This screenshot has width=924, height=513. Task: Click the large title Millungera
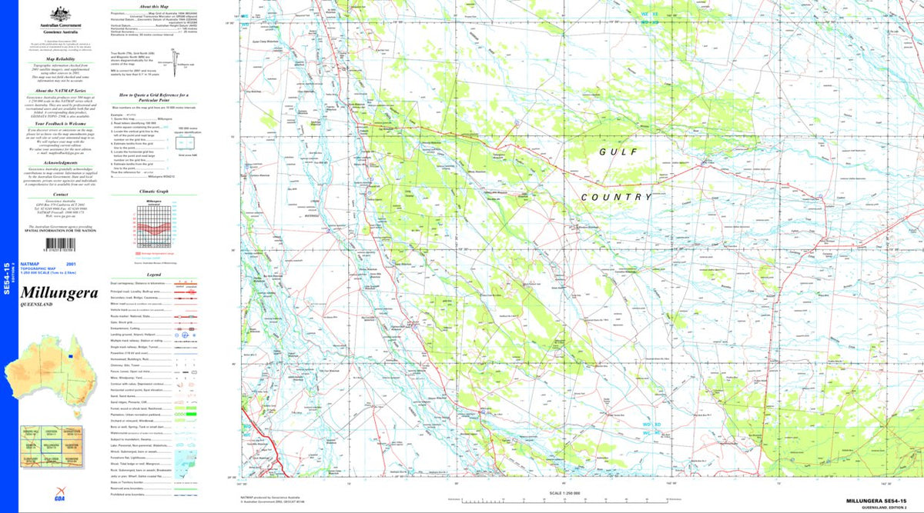click(x=59, y=293)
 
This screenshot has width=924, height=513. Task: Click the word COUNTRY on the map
click(x=617, y=197)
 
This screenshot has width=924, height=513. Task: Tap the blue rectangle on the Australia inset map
click(x=71, y=355)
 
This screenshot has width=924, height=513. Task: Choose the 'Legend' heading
click(x=154, y=274)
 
